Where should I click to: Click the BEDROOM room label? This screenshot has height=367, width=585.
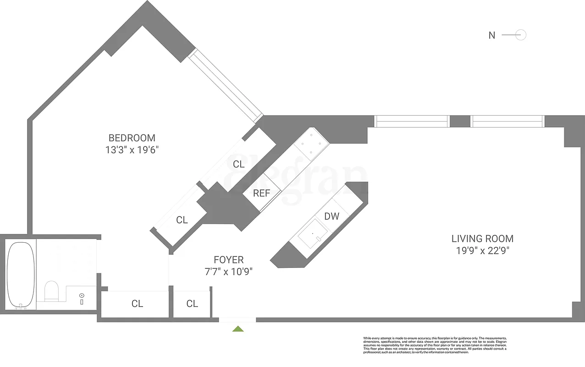[x=132, y=138]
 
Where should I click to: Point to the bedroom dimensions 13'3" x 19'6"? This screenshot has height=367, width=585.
[x=132, y=150]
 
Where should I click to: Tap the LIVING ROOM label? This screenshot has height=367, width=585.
[x=482, y=239]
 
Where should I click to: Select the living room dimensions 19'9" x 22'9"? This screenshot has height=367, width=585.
[x=482, y=251]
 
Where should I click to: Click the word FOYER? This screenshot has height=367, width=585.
[x=228, y=260]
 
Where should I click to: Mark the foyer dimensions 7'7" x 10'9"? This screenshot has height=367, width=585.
[x=228, y=272]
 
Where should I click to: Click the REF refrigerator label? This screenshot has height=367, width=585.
[x=261, y=194]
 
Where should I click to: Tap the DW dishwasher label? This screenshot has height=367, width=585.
[x=331, y=216]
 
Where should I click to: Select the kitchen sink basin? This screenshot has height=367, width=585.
[x=313, y=235]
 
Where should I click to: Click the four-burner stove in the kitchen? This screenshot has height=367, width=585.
[x=311, y=143]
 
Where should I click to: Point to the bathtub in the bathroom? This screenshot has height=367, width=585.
[x=21, y=275]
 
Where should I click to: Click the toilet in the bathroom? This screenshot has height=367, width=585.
[x=51, y=291]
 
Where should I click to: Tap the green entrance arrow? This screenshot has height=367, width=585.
[x=238, y=328]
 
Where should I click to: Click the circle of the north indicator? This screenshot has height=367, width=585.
[x=521, y=35]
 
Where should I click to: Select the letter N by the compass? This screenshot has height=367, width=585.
[x=491, y=35]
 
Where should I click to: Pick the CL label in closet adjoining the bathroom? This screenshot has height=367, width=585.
[x=137, y=304]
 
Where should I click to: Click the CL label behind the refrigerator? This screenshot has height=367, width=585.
[x=238, y=164]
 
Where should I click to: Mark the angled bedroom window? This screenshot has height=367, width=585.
[x=226, y=86]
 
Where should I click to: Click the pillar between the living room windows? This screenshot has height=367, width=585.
[x=460, y=121]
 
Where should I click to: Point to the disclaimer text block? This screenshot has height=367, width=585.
[x=435, y=345]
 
